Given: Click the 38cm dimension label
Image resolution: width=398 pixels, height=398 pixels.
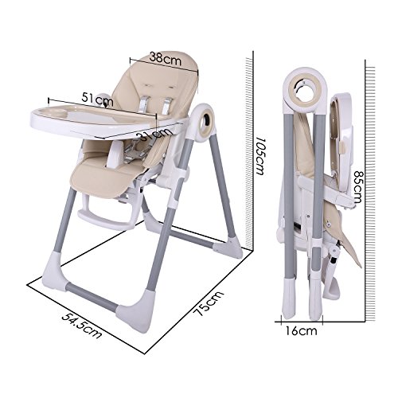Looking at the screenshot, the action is click(x=165, y=59).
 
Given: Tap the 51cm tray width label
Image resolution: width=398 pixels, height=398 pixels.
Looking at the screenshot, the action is click(x=97, y=99).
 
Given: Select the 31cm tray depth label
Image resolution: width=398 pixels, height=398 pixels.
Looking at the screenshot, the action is click(x=153, y=135).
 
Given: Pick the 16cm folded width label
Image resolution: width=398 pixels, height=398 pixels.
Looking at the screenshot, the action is click(x=301, y=331).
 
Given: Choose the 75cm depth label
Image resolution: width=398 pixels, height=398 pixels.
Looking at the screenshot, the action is click(x=208, y=303).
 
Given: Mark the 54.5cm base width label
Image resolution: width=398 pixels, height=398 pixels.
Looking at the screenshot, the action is click(x=82, y=326).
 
